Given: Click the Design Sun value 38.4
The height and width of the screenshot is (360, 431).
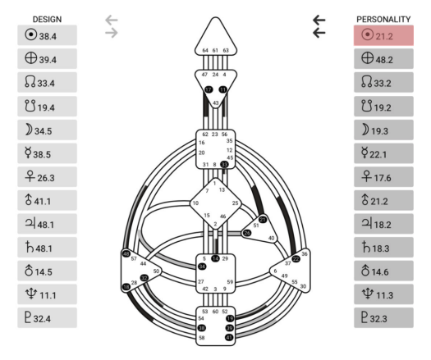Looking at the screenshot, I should pos(47,35).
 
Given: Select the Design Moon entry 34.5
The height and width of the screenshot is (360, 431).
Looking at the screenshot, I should pos(47,130).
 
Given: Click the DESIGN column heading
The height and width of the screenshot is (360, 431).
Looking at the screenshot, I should pos(46,18).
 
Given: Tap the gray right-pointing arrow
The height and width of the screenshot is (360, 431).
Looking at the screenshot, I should pos(112,33).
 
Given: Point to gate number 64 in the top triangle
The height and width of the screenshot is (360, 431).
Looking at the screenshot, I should pos(206,51).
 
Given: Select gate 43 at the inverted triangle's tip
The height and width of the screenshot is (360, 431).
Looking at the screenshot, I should pos(216,103).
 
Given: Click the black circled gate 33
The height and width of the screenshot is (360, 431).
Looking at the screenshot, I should pos(224,164).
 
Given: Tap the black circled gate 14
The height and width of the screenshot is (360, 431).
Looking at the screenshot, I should pos(216,258).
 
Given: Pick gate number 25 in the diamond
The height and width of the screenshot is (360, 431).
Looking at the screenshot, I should pos(235,203).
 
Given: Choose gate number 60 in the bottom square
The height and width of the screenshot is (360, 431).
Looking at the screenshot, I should pos(216,312).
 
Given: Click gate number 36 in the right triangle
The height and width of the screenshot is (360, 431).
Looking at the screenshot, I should pos(305,254).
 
